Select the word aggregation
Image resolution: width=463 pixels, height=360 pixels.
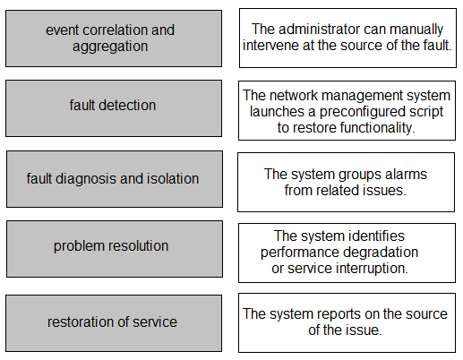(x=110, y=47)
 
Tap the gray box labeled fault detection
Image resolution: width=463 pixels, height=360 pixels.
(x=114, y=108)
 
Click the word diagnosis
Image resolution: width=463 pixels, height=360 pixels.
(x=87, y=179)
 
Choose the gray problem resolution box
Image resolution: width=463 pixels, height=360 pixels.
(x=115, y=249)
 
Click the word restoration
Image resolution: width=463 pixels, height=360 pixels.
(x=80, y=322)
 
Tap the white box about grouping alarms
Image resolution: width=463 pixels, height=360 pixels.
(x=347, y=182)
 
